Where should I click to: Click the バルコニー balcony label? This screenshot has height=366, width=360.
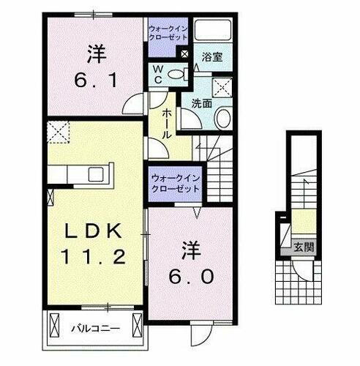point(95,329)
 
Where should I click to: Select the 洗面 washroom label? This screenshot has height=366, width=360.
point(202,104)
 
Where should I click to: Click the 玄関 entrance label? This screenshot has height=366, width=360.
point(304,247)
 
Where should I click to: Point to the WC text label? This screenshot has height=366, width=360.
point(158,74)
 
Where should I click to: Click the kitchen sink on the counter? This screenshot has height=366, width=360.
point(95,174)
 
